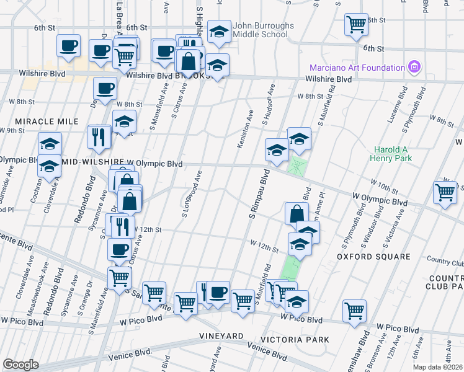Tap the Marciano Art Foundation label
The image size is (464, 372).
click(357, 67)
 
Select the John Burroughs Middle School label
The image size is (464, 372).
click(260, 30)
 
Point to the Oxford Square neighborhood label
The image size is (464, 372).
click(373, 256)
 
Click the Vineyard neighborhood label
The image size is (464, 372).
click(221, 335)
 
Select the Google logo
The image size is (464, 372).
click(20, 365)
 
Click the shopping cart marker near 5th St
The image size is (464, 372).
click(357, 24)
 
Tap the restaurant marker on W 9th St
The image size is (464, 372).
click(99, 137)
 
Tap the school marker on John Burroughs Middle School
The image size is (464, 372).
click(218, 33)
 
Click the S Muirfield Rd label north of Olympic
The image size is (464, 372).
click(327, 104)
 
